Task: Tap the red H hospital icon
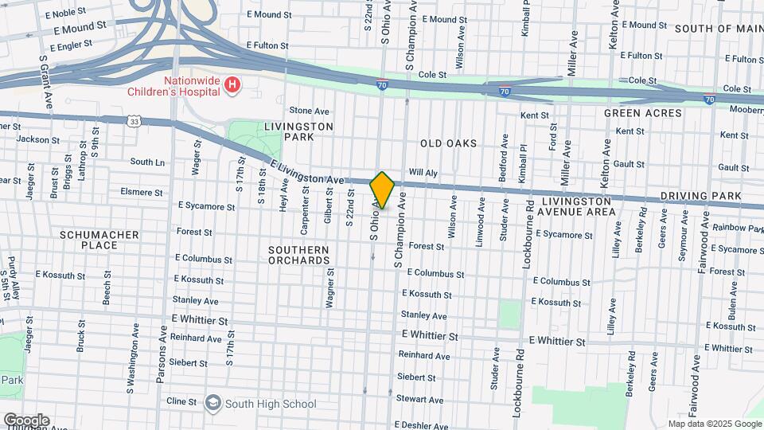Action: pyautogui.click(x=232, y=85)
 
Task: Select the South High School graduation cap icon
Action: pyautogui.click(x=212, y=403)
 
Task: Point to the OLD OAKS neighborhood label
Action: pyautogui.click(x=448, y=144)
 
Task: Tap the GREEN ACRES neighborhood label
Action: pyautogui.click(x=642, y=113)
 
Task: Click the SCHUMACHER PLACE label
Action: pyautogui.click(x=99, y=240)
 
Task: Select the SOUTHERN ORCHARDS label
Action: pyautogui.click(x=298, y=255)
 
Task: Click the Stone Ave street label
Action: pyautogui.click(x=309, y=111)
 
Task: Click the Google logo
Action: pyautogui.click(x=25, y=420)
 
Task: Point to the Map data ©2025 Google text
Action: pyautogui.click(x=714, y=424)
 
